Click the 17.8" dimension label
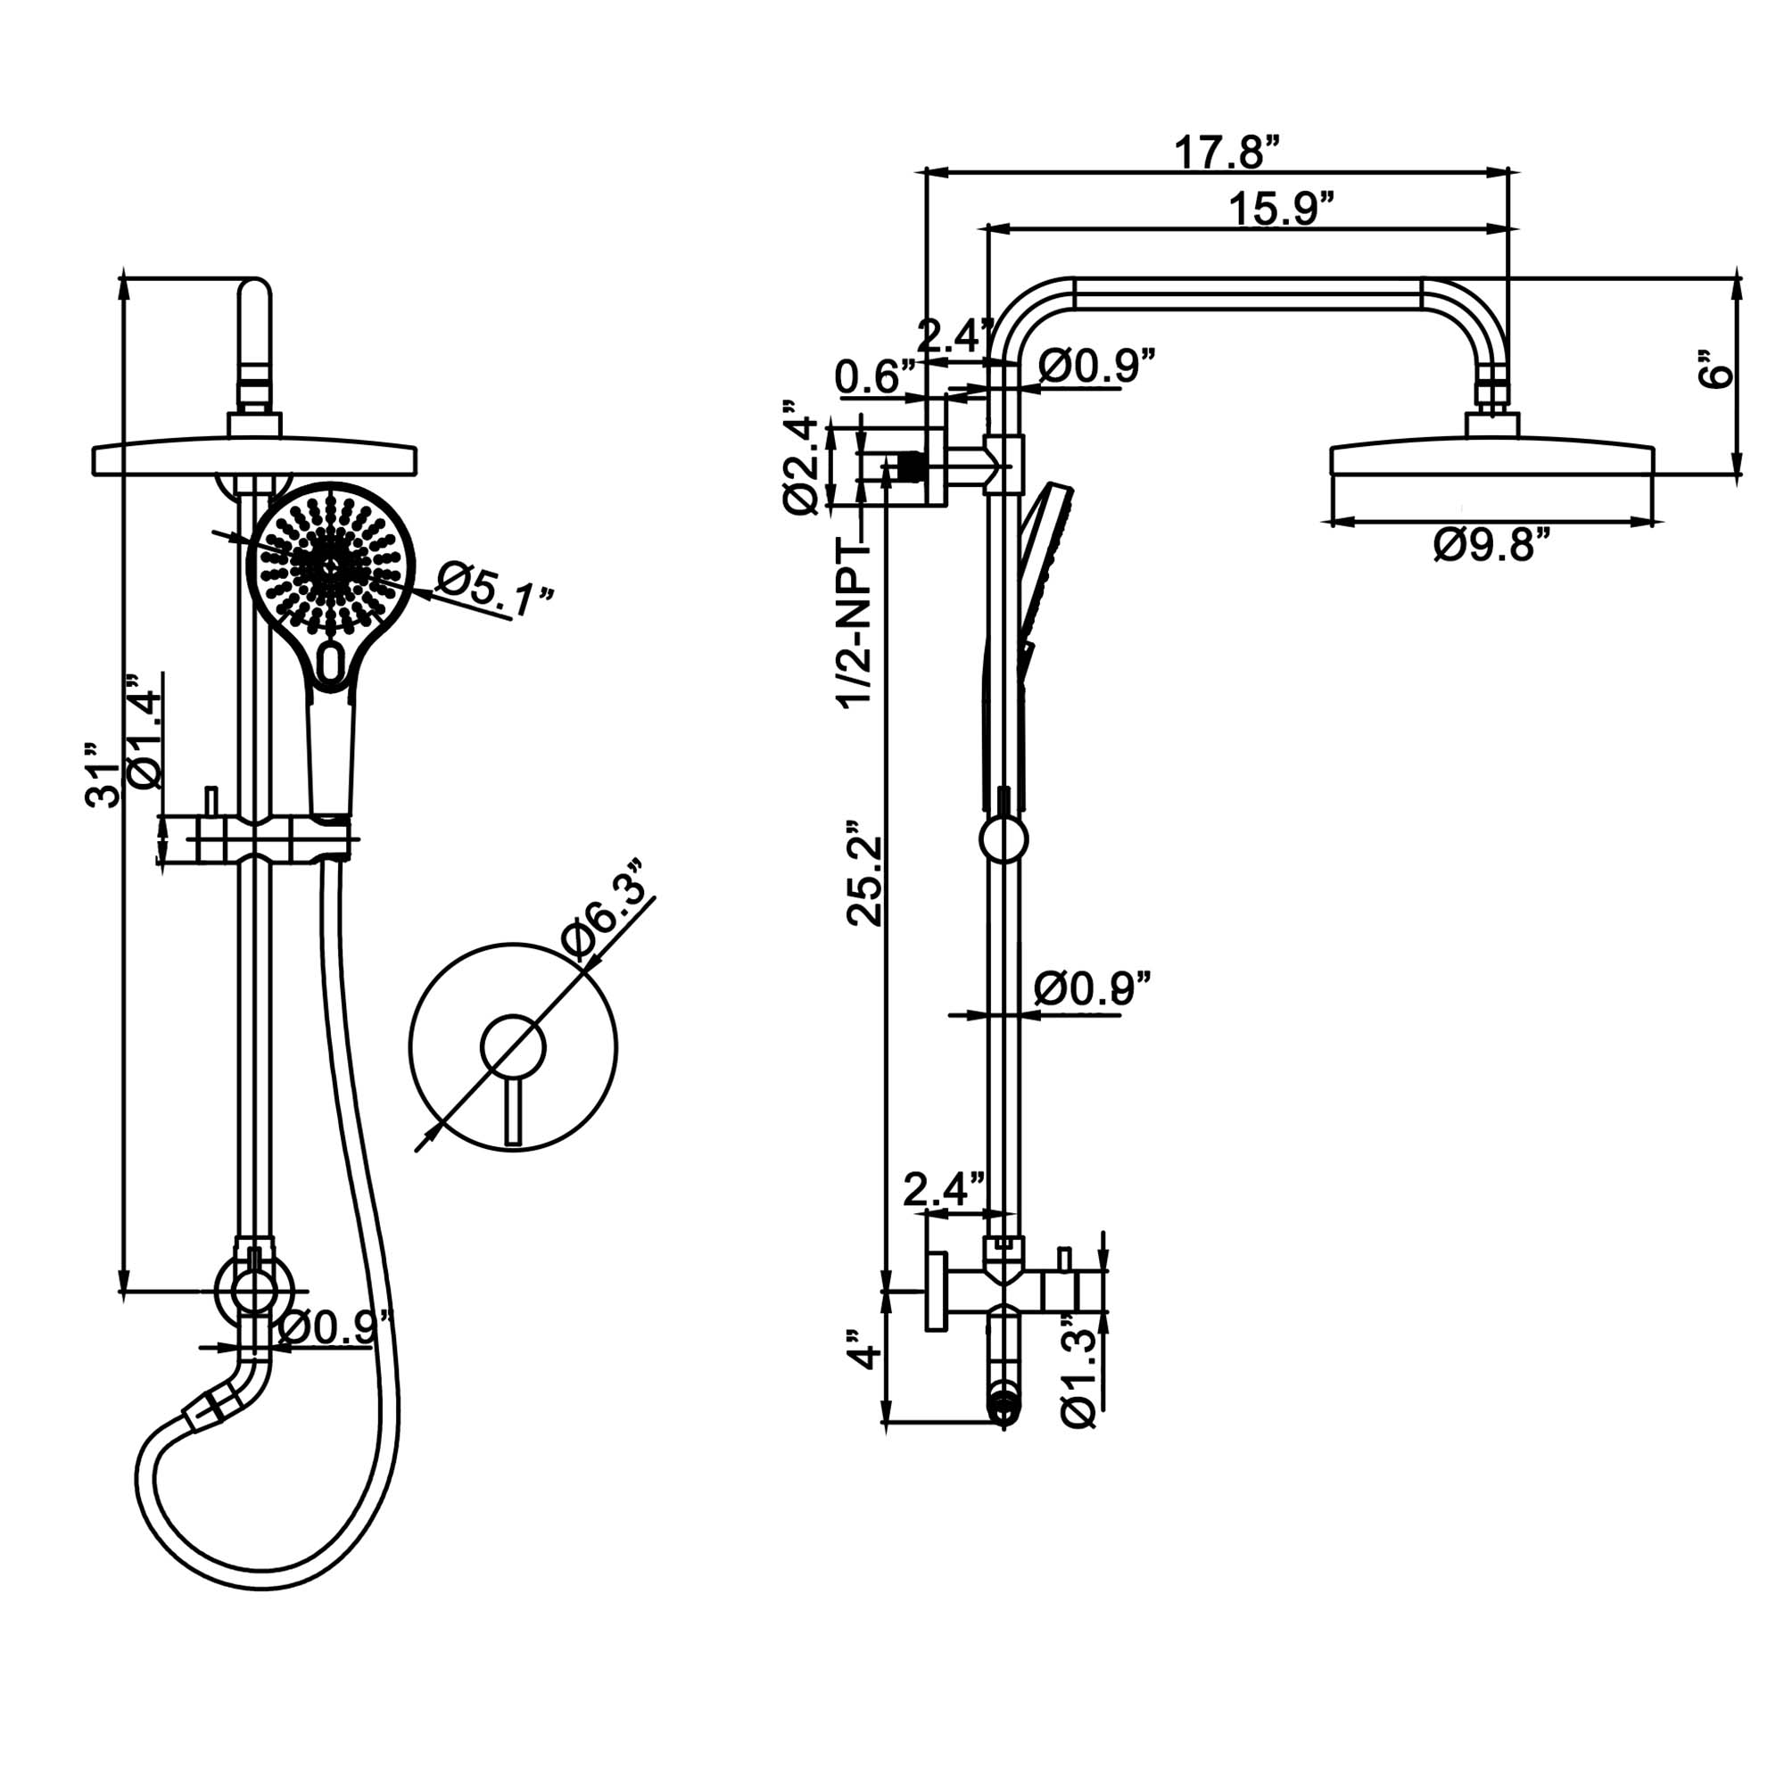pos(1227,154)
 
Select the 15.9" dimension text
pos(1282,211)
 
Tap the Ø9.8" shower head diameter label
pos(1490,545)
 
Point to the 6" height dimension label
pos(1716,369)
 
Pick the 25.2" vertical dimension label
pos(865,871)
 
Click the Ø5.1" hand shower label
pos(494,592)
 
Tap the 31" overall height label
pos(103,785)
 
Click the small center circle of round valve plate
pos(514,1047)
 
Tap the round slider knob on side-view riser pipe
pos(1003,839)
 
